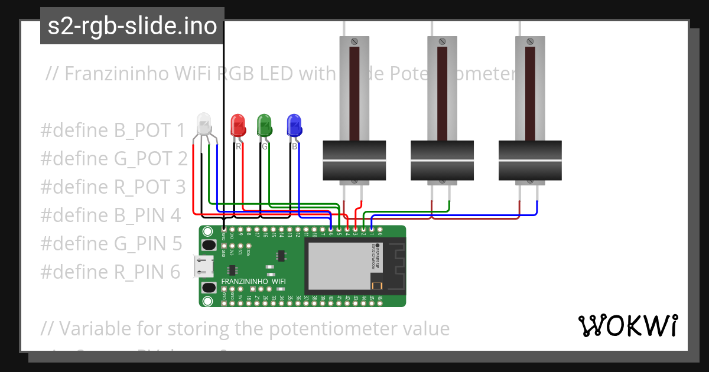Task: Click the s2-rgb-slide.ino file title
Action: [132, 27]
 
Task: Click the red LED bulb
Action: [238, 125]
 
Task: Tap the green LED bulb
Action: [264, 125]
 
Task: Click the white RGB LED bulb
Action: [203, 125]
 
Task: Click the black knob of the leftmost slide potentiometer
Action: [354, 160]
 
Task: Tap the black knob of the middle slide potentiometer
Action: [442, 160]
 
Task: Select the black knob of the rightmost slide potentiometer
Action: [530, 160]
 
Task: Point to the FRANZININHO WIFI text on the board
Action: [253, 282]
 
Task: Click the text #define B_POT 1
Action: [113, 130]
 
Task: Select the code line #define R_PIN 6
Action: [110, 272]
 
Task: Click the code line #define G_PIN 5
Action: [111, 243]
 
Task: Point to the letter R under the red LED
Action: [238, 146]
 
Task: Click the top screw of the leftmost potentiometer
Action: [354, 41]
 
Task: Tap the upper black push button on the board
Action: [208, 245]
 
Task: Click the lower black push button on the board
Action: [208, 288]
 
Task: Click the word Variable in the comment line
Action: [96, 328]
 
